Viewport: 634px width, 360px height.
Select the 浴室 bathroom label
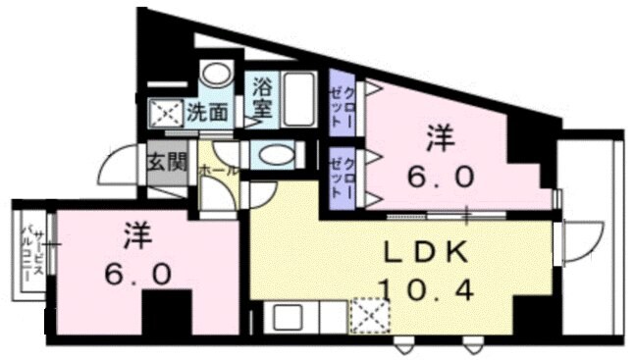(x=262, y=97)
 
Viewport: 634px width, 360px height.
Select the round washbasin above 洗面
(x=214, y=76)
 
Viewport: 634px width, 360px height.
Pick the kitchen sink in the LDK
(x=290, y=318)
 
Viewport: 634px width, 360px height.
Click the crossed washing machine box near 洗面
(x=164, y=114)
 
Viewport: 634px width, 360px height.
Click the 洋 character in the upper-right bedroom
(x=440, y=137)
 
